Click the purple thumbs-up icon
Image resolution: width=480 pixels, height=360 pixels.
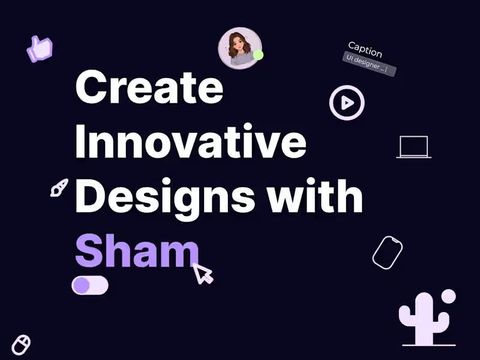coord(40,49)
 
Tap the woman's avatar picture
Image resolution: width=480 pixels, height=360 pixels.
coord(239,48)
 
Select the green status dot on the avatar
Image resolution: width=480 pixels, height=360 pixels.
coord(258,55)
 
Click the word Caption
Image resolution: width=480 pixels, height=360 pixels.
coord(365,49)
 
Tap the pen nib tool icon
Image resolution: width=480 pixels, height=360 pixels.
coord(59,187)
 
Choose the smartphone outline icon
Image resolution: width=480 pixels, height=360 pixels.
coord(387,252)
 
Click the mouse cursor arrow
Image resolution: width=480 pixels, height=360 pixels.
coord(202,273)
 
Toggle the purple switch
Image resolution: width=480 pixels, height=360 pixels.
coord(90,286)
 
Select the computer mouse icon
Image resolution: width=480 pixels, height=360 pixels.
coord(21,344)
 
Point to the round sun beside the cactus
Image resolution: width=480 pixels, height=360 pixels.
coord(448,296)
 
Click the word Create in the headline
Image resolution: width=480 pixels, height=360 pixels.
coord(149,88)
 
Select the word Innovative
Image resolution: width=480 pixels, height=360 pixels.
coord(191,142)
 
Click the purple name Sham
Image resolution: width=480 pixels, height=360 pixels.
coord(136,251)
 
